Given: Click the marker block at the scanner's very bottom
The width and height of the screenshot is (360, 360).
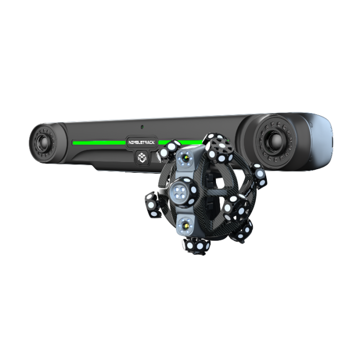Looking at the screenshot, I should (197, 246).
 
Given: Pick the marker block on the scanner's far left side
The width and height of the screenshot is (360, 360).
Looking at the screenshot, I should (152, 205).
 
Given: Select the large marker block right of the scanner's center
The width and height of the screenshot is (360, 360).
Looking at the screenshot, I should (236, 205).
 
